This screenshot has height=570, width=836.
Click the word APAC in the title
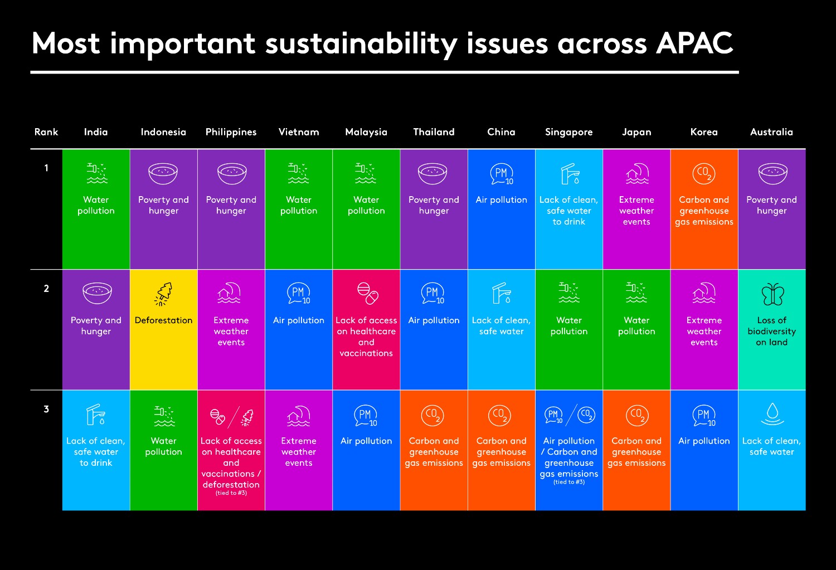point(694,43)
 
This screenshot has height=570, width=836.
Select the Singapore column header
point(568,132)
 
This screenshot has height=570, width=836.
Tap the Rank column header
point(46,132)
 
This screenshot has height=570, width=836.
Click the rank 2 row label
point(46,289)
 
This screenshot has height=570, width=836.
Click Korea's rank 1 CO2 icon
point(704,173)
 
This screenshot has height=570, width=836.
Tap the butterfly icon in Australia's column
point(772,294)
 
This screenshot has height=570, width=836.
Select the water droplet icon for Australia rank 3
point(772,413)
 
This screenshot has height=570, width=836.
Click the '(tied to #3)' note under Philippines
point(231,493)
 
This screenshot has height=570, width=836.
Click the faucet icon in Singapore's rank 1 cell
point(569,174)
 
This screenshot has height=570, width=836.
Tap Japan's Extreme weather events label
point(636,211)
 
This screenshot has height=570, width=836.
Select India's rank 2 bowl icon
point(96,293)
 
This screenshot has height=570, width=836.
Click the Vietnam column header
point(299,132)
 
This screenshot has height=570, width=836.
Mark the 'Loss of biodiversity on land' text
point(772,332)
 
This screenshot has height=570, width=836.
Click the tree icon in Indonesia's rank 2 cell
point(163,294)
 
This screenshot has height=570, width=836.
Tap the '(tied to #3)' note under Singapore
point(569,483)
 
